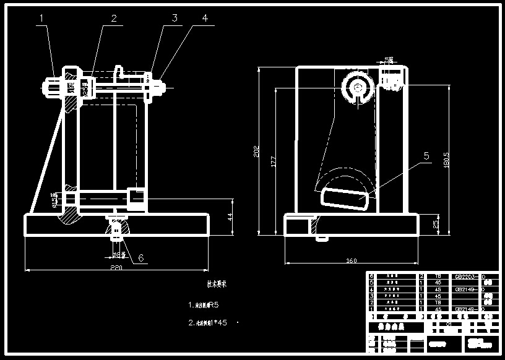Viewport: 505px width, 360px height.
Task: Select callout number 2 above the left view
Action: [x=114, y=19]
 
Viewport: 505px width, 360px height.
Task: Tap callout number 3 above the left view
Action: [x=175, y=18]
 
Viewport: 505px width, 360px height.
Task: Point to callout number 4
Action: [x=204, y=18]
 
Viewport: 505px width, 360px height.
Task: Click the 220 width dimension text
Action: [x=116, y=268]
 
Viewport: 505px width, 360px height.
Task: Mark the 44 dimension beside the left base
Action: [x=229, y=216]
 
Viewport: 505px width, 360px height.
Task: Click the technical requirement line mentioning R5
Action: [x=204, y=305]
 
